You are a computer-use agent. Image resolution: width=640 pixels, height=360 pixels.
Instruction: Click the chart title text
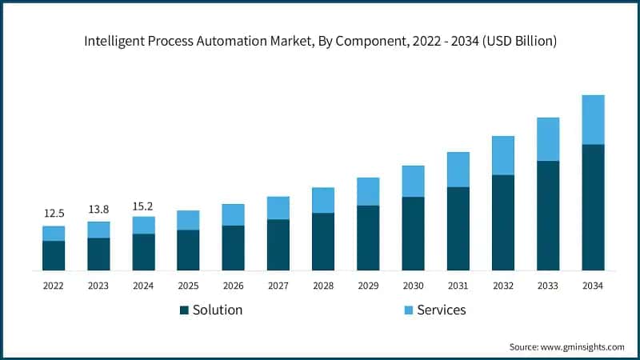click(320, 41)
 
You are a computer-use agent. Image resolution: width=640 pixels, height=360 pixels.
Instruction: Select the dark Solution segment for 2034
click(593, 207)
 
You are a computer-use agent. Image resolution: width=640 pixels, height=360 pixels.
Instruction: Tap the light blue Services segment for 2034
click(593, 120)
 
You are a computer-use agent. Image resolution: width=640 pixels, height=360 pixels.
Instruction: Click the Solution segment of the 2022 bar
click(54, 255)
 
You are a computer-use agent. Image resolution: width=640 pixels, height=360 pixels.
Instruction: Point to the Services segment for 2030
click(413, 182)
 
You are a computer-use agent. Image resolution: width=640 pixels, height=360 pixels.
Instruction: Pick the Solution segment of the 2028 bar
click(323, 242)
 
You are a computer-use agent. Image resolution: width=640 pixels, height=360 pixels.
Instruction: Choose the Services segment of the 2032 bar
click(503, 155)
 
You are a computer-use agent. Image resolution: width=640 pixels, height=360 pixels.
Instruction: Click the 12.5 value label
click(54, 214)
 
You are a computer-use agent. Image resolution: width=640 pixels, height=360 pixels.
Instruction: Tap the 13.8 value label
click(98, 210)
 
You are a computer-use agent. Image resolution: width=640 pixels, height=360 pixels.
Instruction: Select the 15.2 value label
click(143, 204)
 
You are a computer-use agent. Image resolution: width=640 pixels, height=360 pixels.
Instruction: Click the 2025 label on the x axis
click(188, 285)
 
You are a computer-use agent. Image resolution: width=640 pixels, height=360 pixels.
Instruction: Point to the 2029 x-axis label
click(368, 285)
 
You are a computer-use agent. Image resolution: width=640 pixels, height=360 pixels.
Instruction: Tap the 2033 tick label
click(548, 285)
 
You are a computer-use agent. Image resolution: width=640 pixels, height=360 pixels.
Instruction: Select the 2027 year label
click(278, 285)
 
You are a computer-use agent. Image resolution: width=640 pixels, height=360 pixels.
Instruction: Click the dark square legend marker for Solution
click(184, 310)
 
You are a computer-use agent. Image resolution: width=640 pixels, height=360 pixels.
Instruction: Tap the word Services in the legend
click(442, 310)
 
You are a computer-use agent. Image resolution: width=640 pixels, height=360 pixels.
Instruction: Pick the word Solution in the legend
click(217, 310)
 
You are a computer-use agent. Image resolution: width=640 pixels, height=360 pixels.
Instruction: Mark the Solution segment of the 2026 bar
click(233, 248)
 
